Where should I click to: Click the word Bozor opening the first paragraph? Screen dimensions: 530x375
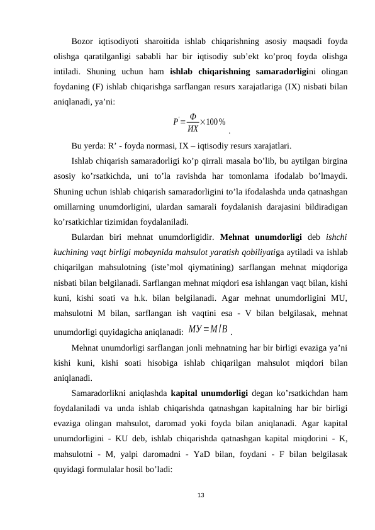[84, 42]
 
